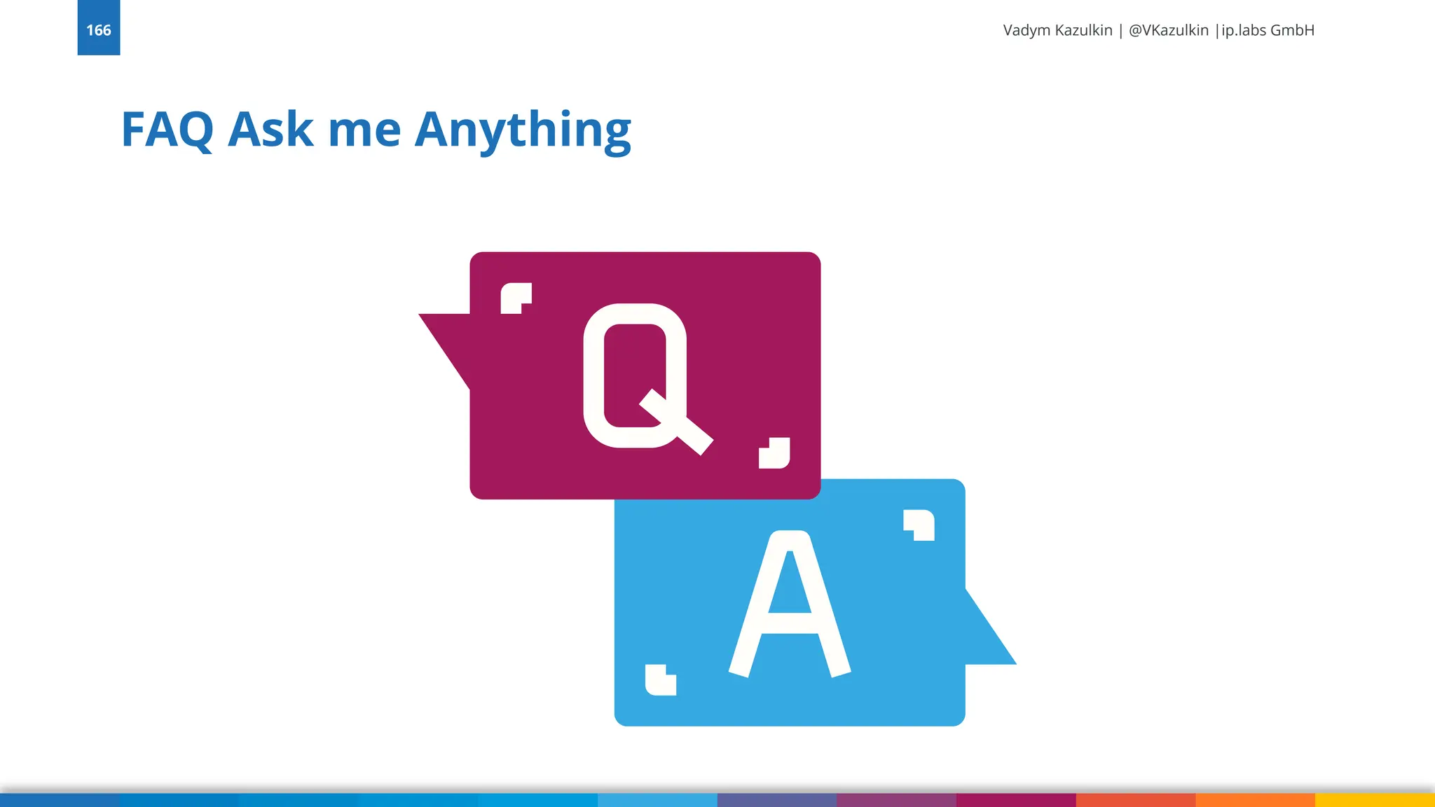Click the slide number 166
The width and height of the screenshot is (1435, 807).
click(x=99, y=30)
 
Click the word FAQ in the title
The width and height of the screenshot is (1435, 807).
click(x=167, y=130)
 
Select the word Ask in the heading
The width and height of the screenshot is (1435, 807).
click(x=270, y=130)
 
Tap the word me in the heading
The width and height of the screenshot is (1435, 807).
click(x=364, y=131)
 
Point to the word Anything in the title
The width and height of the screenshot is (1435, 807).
click(x=523, y=131)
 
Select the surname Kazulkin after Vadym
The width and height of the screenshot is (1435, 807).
click(x=1084, y=30)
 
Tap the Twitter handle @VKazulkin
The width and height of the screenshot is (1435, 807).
click(x=1168, y=30)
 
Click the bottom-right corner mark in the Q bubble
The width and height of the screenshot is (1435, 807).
click(x=776, y=454)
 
